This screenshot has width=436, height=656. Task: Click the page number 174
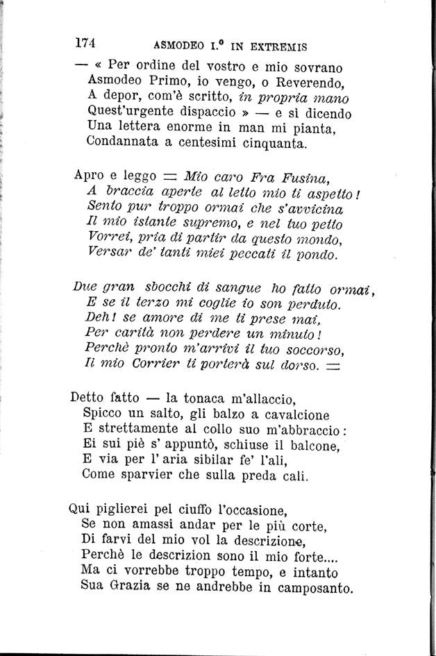pyautogui.click(x=85, y=42)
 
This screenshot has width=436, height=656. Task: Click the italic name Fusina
pyautogui.click(x=313, y=176)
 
